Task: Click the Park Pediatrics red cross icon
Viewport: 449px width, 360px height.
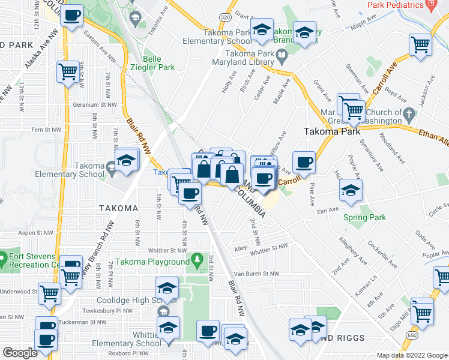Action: [x=431, y=5]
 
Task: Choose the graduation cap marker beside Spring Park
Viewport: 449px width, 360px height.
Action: [x=351, y=191]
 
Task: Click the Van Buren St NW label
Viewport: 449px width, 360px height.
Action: [x=256, y=274]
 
